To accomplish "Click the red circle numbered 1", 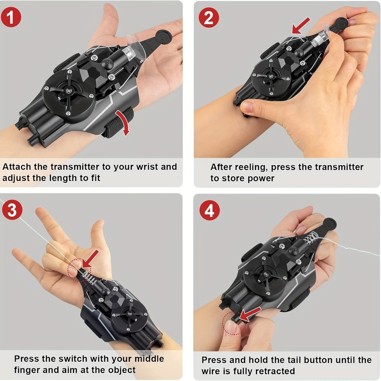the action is pos(11,17).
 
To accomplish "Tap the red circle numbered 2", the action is pos(209,17).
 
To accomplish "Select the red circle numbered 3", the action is pos(12,210).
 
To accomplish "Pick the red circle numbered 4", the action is pos(210,210).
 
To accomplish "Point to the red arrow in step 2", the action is pos(301,26).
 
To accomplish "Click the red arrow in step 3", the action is pos(90,259).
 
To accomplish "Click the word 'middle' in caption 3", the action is pos(150,359).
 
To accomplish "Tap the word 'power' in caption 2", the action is pos(261,179).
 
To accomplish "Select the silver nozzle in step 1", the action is pos(129,53).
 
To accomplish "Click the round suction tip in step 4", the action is pos(330,224).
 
